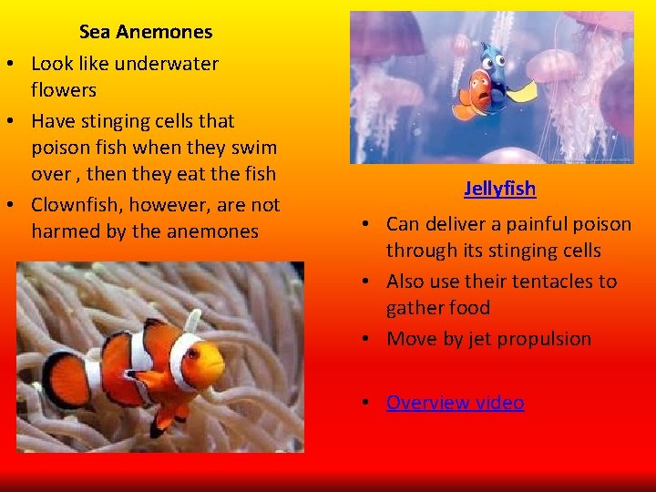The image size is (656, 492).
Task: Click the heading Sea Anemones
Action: point(146,32)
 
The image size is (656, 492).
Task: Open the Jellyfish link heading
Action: point(499,189)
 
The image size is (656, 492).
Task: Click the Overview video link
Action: point(455,403)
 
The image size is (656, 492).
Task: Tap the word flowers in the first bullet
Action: point(64,90)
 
